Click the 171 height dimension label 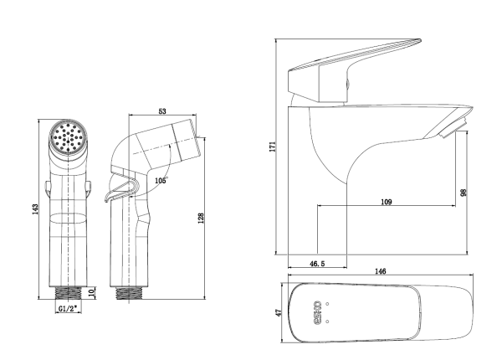click(x=273, y=146)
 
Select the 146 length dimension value click(x=380, y=271)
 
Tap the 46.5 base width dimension click(x=317, y=264)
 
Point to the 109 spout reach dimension click(x=387, y=202)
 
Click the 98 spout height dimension click(x=464, y=193)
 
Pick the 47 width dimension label click(x=279, y=312)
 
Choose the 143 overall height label click(x=35, y=209)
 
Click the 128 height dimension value click(x=201, y=219)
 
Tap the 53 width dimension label click(x=162, y=111)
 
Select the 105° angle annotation click(x=161, y=181)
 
